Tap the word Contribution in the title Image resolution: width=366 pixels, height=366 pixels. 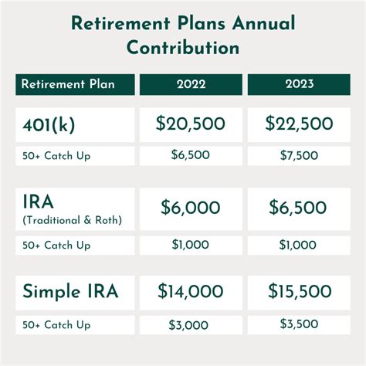pyautogui.click(x=183, y=48)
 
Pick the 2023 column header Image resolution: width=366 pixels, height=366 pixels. pyautogui.click(x=299, y=85)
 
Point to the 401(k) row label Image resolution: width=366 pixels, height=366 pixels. pyautogui.click(x=49, y=124)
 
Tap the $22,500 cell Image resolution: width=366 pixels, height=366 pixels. pyautogui.click(x=299, y=124)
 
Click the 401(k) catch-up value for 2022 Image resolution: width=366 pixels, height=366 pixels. pyautogui.click(x=190, y=155)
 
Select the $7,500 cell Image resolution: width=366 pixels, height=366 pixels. pyautogui.click(x=299, y=155)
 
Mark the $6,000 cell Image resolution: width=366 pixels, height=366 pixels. pyautogui.click(x=190, y=208)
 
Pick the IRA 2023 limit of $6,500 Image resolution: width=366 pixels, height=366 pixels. pyautogui.click(x=299, y=208)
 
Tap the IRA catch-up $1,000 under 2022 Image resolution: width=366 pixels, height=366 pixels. pyautogui.click(x=190, y=246)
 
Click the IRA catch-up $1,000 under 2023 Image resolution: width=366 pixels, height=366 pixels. pyautogui.click(x=299, y=246)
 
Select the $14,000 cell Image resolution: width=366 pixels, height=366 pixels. pyautogui.click(x=190, y=292)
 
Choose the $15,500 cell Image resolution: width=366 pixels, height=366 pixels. pyautogui.click(x=299, y=292)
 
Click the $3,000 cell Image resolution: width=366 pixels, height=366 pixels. pyautogui.click(x=190, y=325)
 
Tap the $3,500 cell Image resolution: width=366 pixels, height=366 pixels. pyautogui.click(x=299, y=325)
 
